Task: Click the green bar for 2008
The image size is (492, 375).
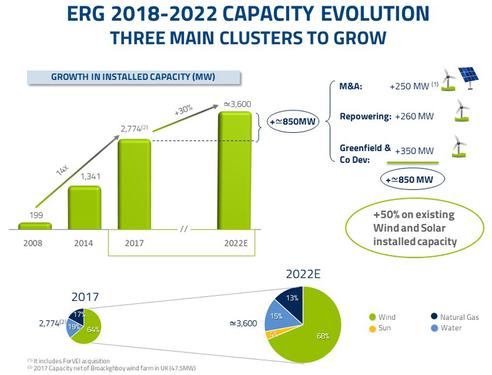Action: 34,226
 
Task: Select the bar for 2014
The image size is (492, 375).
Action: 85,207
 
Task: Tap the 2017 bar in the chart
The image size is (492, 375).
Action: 134,183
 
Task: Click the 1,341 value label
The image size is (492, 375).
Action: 85,178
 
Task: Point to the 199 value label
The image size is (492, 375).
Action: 34,214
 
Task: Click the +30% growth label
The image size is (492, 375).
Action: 183,109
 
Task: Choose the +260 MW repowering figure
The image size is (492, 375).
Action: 414,117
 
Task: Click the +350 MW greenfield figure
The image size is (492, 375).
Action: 414,151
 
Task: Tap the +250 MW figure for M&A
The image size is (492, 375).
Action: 411,87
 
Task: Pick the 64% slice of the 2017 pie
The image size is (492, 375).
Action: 91,330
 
